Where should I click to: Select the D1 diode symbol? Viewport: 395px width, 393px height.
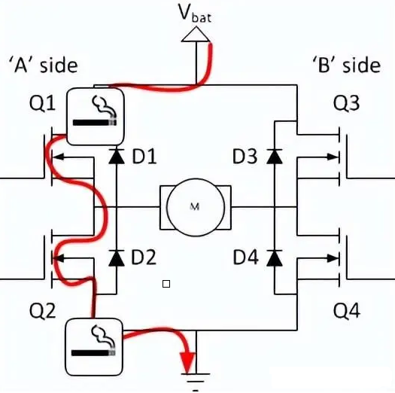(116, 157)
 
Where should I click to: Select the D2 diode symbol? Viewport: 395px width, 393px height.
(116, 258)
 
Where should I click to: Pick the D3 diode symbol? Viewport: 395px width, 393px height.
(275, 157)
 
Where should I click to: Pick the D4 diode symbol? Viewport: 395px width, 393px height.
(275, 258)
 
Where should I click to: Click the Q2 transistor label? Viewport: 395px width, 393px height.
(41, 310)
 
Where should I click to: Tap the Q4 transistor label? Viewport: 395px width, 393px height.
(345, 310)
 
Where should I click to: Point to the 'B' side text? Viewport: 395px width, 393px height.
(345, 65)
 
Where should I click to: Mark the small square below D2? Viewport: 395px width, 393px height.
(166, 284)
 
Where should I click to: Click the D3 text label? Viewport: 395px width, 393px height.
(245, 157)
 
